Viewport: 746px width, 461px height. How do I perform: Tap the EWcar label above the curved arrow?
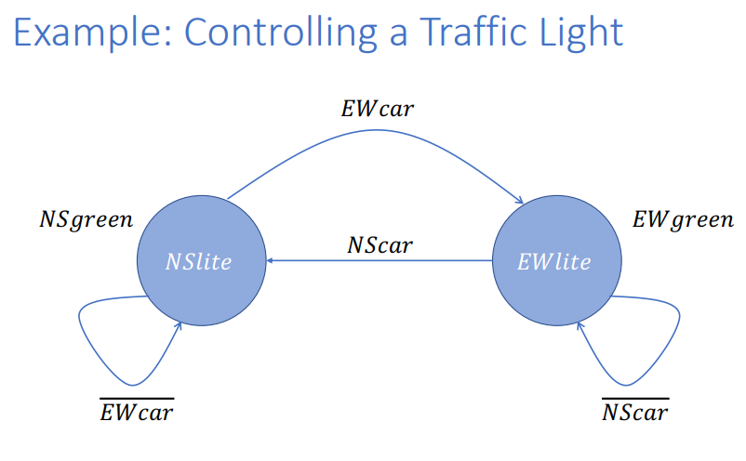[376, 109]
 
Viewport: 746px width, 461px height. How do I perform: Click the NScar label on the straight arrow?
[380, 245]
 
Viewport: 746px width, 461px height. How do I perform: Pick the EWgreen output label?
[683, 220]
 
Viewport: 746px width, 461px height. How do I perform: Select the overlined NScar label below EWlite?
[635, 412]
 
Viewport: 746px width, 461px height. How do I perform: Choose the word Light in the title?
[579, 33]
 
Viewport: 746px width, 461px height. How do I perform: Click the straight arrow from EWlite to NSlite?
[391, 262]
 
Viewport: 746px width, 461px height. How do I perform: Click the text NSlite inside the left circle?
[198, 262]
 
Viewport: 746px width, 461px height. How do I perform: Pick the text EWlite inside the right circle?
[553, 262]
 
